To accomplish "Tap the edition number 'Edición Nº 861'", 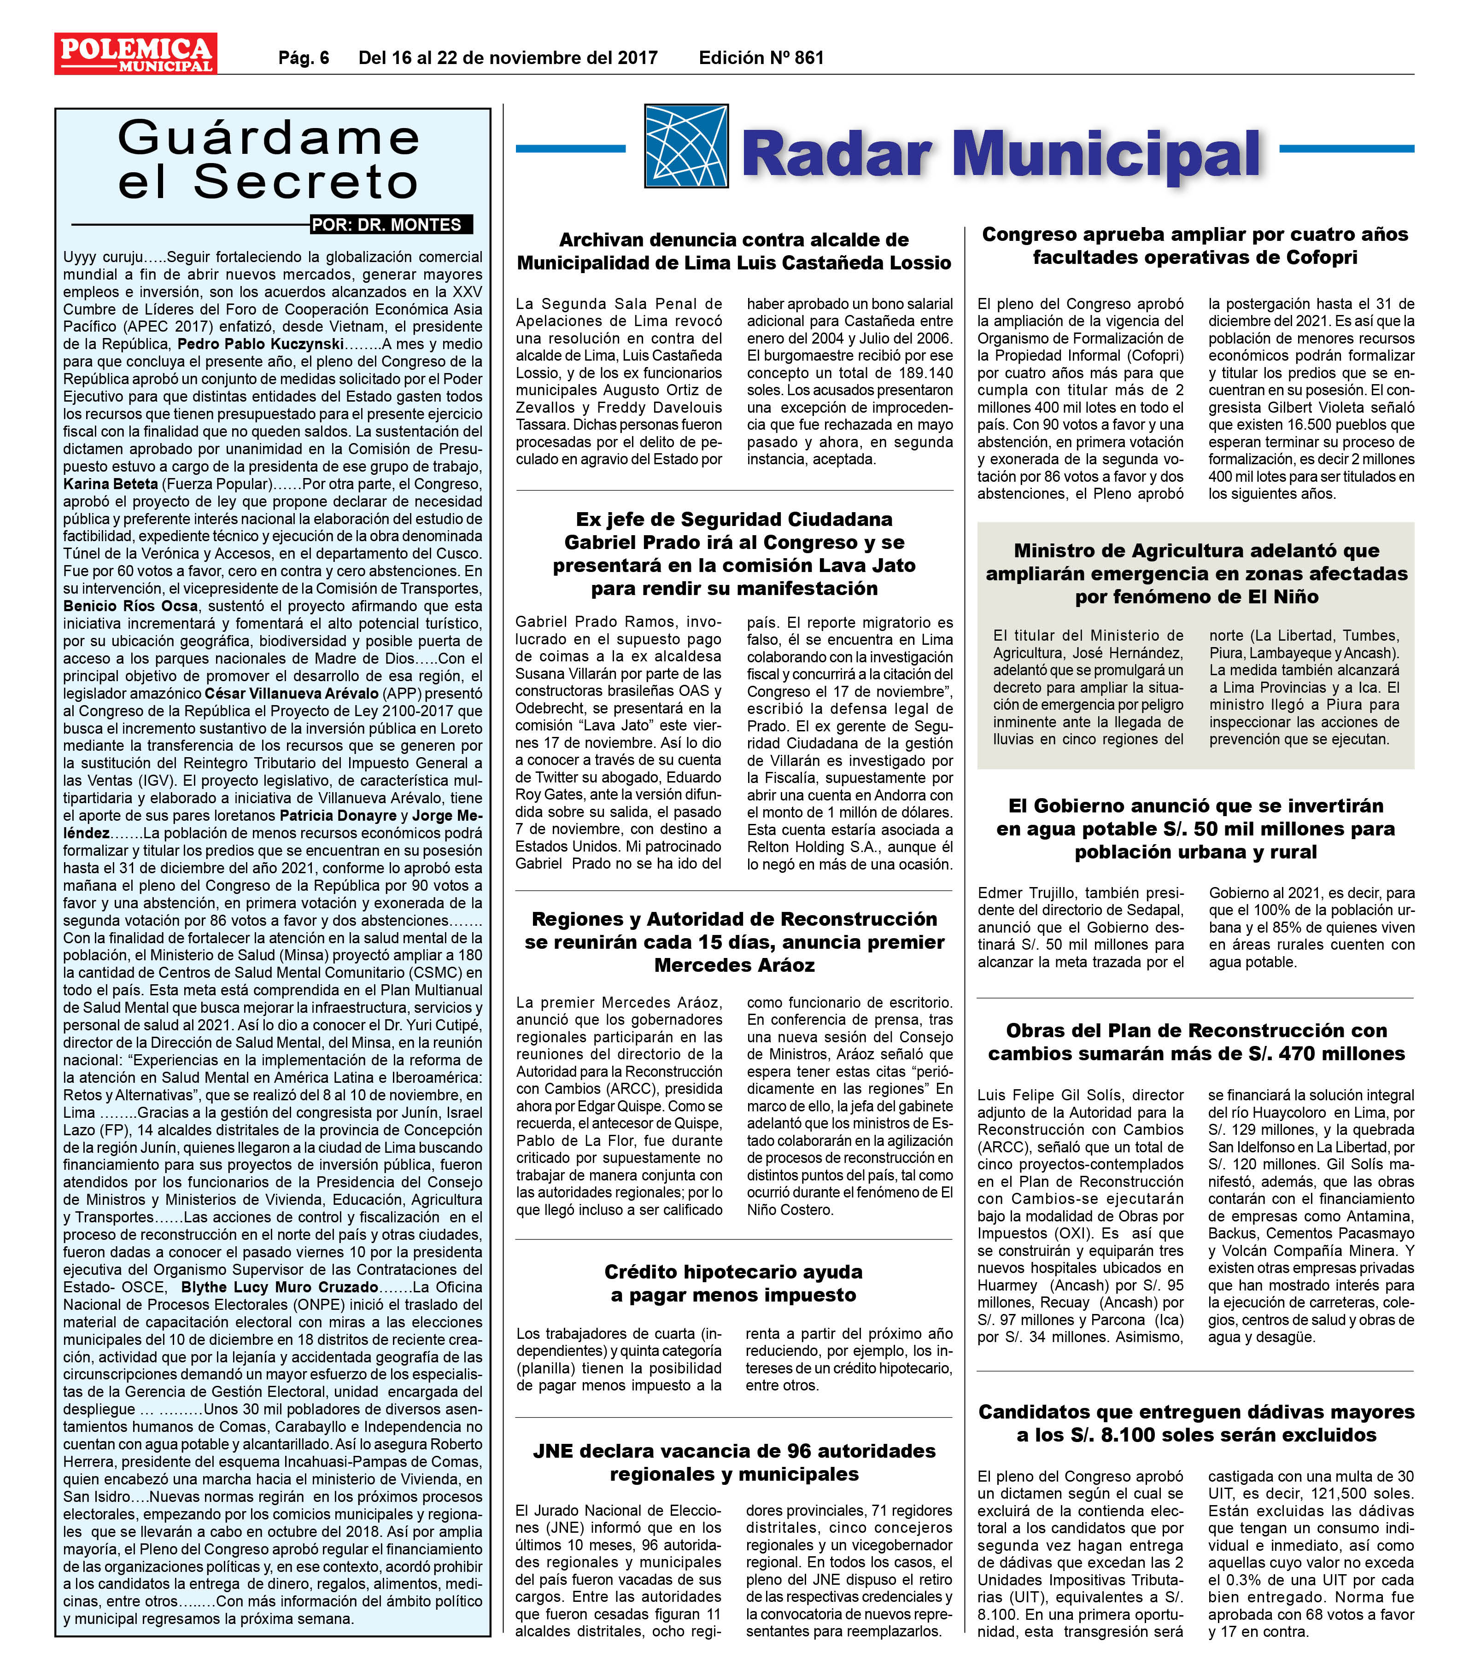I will pyautogui.click(x=761, y=58).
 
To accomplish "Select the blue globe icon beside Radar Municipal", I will pyautogui.click(x=685, y=146).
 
